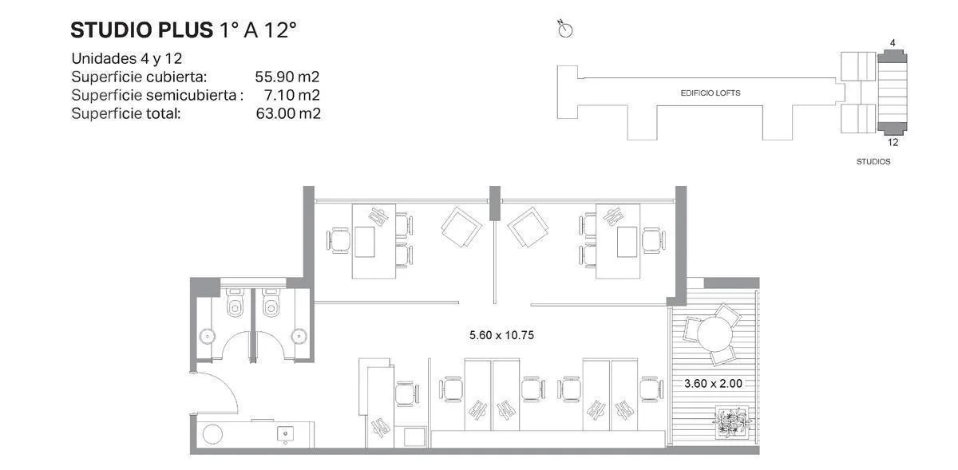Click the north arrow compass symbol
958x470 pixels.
[x=565, y=29]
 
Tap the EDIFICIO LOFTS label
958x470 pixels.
[x=711, y=93]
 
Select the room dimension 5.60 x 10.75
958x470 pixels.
[x=501, y=335]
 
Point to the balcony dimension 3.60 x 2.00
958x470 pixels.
[x=713, y=383]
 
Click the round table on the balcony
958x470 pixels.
[x=715, y=334]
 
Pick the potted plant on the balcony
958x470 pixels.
[x=732, y=421]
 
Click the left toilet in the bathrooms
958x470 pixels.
[x=235, y=302]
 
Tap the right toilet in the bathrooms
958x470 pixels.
[x=271, y=302]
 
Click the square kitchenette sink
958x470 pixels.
[x=285, y=433]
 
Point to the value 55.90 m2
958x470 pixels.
[x=287, y=77]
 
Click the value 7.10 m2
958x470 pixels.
[x=292, y=95]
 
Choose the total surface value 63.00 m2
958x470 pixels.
[x=288, y=113]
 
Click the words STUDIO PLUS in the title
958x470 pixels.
[x=141, y=30]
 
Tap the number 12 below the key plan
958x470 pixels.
[x=893, y=142]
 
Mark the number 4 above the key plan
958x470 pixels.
[x=893, y=43]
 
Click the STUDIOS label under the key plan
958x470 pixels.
[x=873, y=162]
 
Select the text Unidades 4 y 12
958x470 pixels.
[x=127, y=58]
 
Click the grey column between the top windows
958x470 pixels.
[x=495, y=203]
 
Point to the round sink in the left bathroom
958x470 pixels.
[x=208, y=336]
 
